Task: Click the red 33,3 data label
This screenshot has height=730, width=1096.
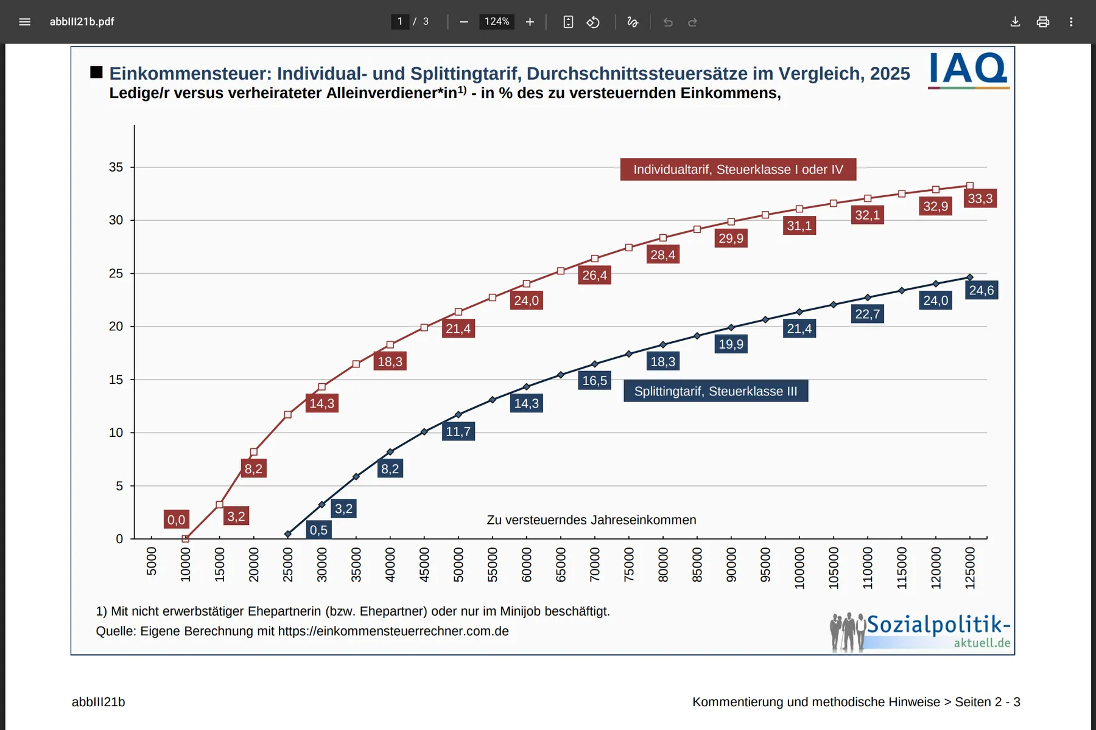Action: coord(980,198)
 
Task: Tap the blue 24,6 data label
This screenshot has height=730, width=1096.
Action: coord(981,290)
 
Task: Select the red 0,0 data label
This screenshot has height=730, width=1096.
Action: coord(176,520)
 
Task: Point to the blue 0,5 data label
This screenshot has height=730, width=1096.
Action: coord(318,530)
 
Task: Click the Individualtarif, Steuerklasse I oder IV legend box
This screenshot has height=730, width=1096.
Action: coord(738,169)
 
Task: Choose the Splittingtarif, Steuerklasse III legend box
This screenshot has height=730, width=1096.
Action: coord(715,391)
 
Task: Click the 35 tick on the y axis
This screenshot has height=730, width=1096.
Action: coord(116,167)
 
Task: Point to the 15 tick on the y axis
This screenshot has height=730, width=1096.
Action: coord(116,380)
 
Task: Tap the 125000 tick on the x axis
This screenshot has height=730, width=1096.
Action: coord(970,568)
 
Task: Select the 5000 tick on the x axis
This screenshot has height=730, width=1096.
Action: coord(152,561)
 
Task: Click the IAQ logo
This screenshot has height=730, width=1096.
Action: coord(968,70)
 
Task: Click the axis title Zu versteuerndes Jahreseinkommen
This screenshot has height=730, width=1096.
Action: coord(591,520)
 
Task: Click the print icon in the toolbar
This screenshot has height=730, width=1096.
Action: coord(1043,22)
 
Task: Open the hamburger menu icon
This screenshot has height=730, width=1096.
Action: coord(25,22)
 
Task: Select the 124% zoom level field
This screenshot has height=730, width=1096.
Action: coord(496,22)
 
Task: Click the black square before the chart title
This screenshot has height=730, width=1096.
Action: coord(96,72)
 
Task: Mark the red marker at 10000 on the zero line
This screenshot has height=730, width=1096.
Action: coord(186,538)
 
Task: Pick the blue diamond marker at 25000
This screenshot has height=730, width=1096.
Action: coord(288,534)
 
